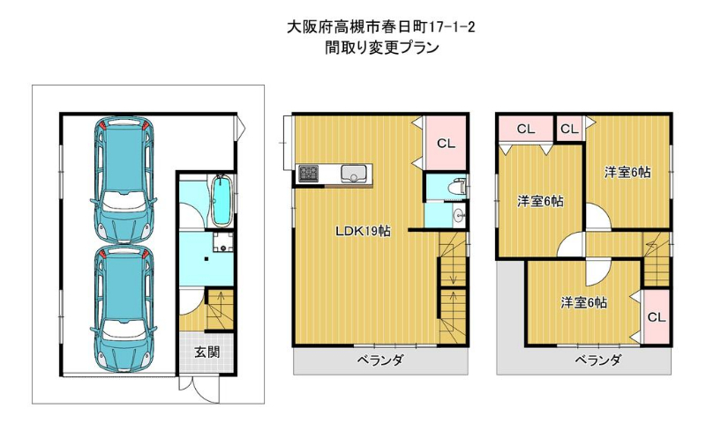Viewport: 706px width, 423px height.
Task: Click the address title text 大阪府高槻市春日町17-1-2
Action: (x=381, y=27)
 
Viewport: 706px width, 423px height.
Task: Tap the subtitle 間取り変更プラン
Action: (x=382, y=48)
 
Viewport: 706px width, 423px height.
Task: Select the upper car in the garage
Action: (x=124, y=180)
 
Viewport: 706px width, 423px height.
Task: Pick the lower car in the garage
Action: (x=124, y=308)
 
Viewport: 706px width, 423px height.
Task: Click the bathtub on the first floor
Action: (x=222, y=201)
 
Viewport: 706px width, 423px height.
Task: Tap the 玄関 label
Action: (x=207, y=352)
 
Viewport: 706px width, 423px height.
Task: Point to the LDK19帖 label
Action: (x=363, y=231)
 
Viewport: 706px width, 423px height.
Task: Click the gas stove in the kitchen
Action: (x=308, y=174)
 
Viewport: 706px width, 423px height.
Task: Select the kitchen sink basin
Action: (x=354, y=174)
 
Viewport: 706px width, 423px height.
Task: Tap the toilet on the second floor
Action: (x=458, y=186)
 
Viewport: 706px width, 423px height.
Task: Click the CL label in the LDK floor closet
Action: (x=446, y=144)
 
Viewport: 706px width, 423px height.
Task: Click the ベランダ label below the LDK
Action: (x=381, y=360)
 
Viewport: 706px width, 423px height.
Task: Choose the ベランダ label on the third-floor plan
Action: (x=598, y=360)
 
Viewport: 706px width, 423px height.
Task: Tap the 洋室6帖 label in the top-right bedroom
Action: (x=627, y=172)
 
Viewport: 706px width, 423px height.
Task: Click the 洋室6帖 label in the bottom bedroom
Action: (x=583, y=302)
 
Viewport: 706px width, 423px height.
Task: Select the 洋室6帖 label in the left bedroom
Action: (x=540, y=201)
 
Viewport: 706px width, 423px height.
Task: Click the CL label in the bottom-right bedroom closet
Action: (x=657, y=317)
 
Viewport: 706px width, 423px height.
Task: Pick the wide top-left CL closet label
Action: (x=526, y=130)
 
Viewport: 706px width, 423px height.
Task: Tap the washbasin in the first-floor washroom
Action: (x=222, y=242)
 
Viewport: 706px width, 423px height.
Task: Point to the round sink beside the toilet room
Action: (x=459, y=216)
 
